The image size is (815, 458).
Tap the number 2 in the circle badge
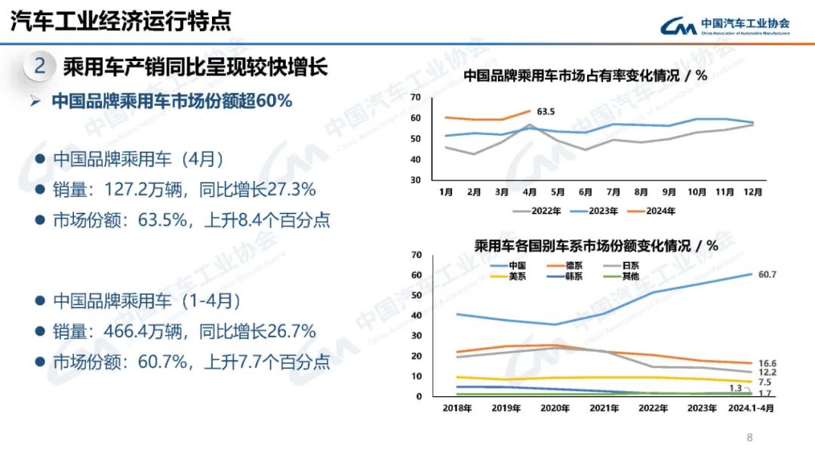pyautogui.click(x=40, y=66)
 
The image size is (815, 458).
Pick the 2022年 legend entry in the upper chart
pyautogui.click(x=538, y=211)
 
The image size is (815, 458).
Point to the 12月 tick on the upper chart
pyautogui.click(x=752, y=192)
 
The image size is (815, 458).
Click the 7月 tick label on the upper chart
pyautogui.click(x=613, y=192)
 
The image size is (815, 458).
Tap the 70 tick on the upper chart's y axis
pyautogui.click(x=415, y=97)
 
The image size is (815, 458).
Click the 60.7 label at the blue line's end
pyautogui.click(x=767, y=275)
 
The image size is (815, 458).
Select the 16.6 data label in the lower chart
pyautogui.click(x=767, y=364)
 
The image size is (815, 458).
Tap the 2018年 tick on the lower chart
pyautogui.click(x=457, y=408)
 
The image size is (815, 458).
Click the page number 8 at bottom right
pyautogui.click(x=749, y=438)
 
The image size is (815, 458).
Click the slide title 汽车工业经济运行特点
pyautogui.click(x=121, y=20)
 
